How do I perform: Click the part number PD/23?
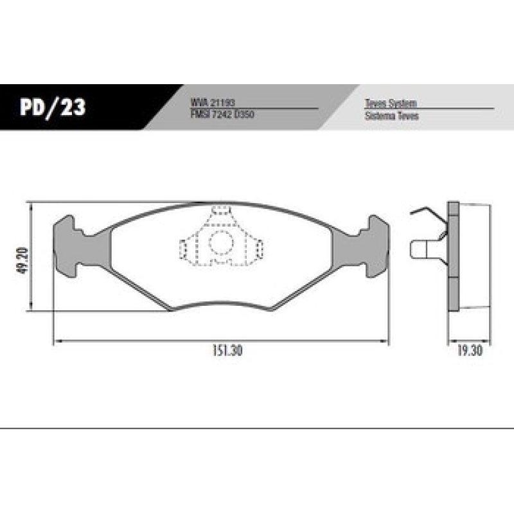tap(53, 107)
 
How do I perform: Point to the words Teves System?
tap(391, 103)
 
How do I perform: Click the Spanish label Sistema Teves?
tap(391, 116)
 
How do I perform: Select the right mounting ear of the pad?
tap(376, 246)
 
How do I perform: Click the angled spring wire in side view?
tap(430, 218)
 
